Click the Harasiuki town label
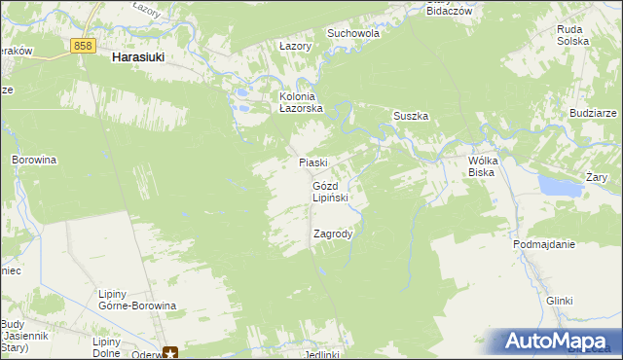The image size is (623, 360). pos(137,57)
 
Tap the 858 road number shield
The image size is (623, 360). pos(83,46)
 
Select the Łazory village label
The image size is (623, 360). pos(294,46)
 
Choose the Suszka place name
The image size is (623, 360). pos(411,116)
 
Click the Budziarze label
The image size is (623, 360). pos(595,113)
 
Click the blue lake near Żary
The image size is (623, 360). pos(556,184)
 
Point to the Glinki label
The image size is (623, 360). pos(559,302)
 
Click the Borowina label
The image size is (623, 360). pos(34,158)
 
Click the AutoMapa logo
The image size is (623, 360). pos(558,342)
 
